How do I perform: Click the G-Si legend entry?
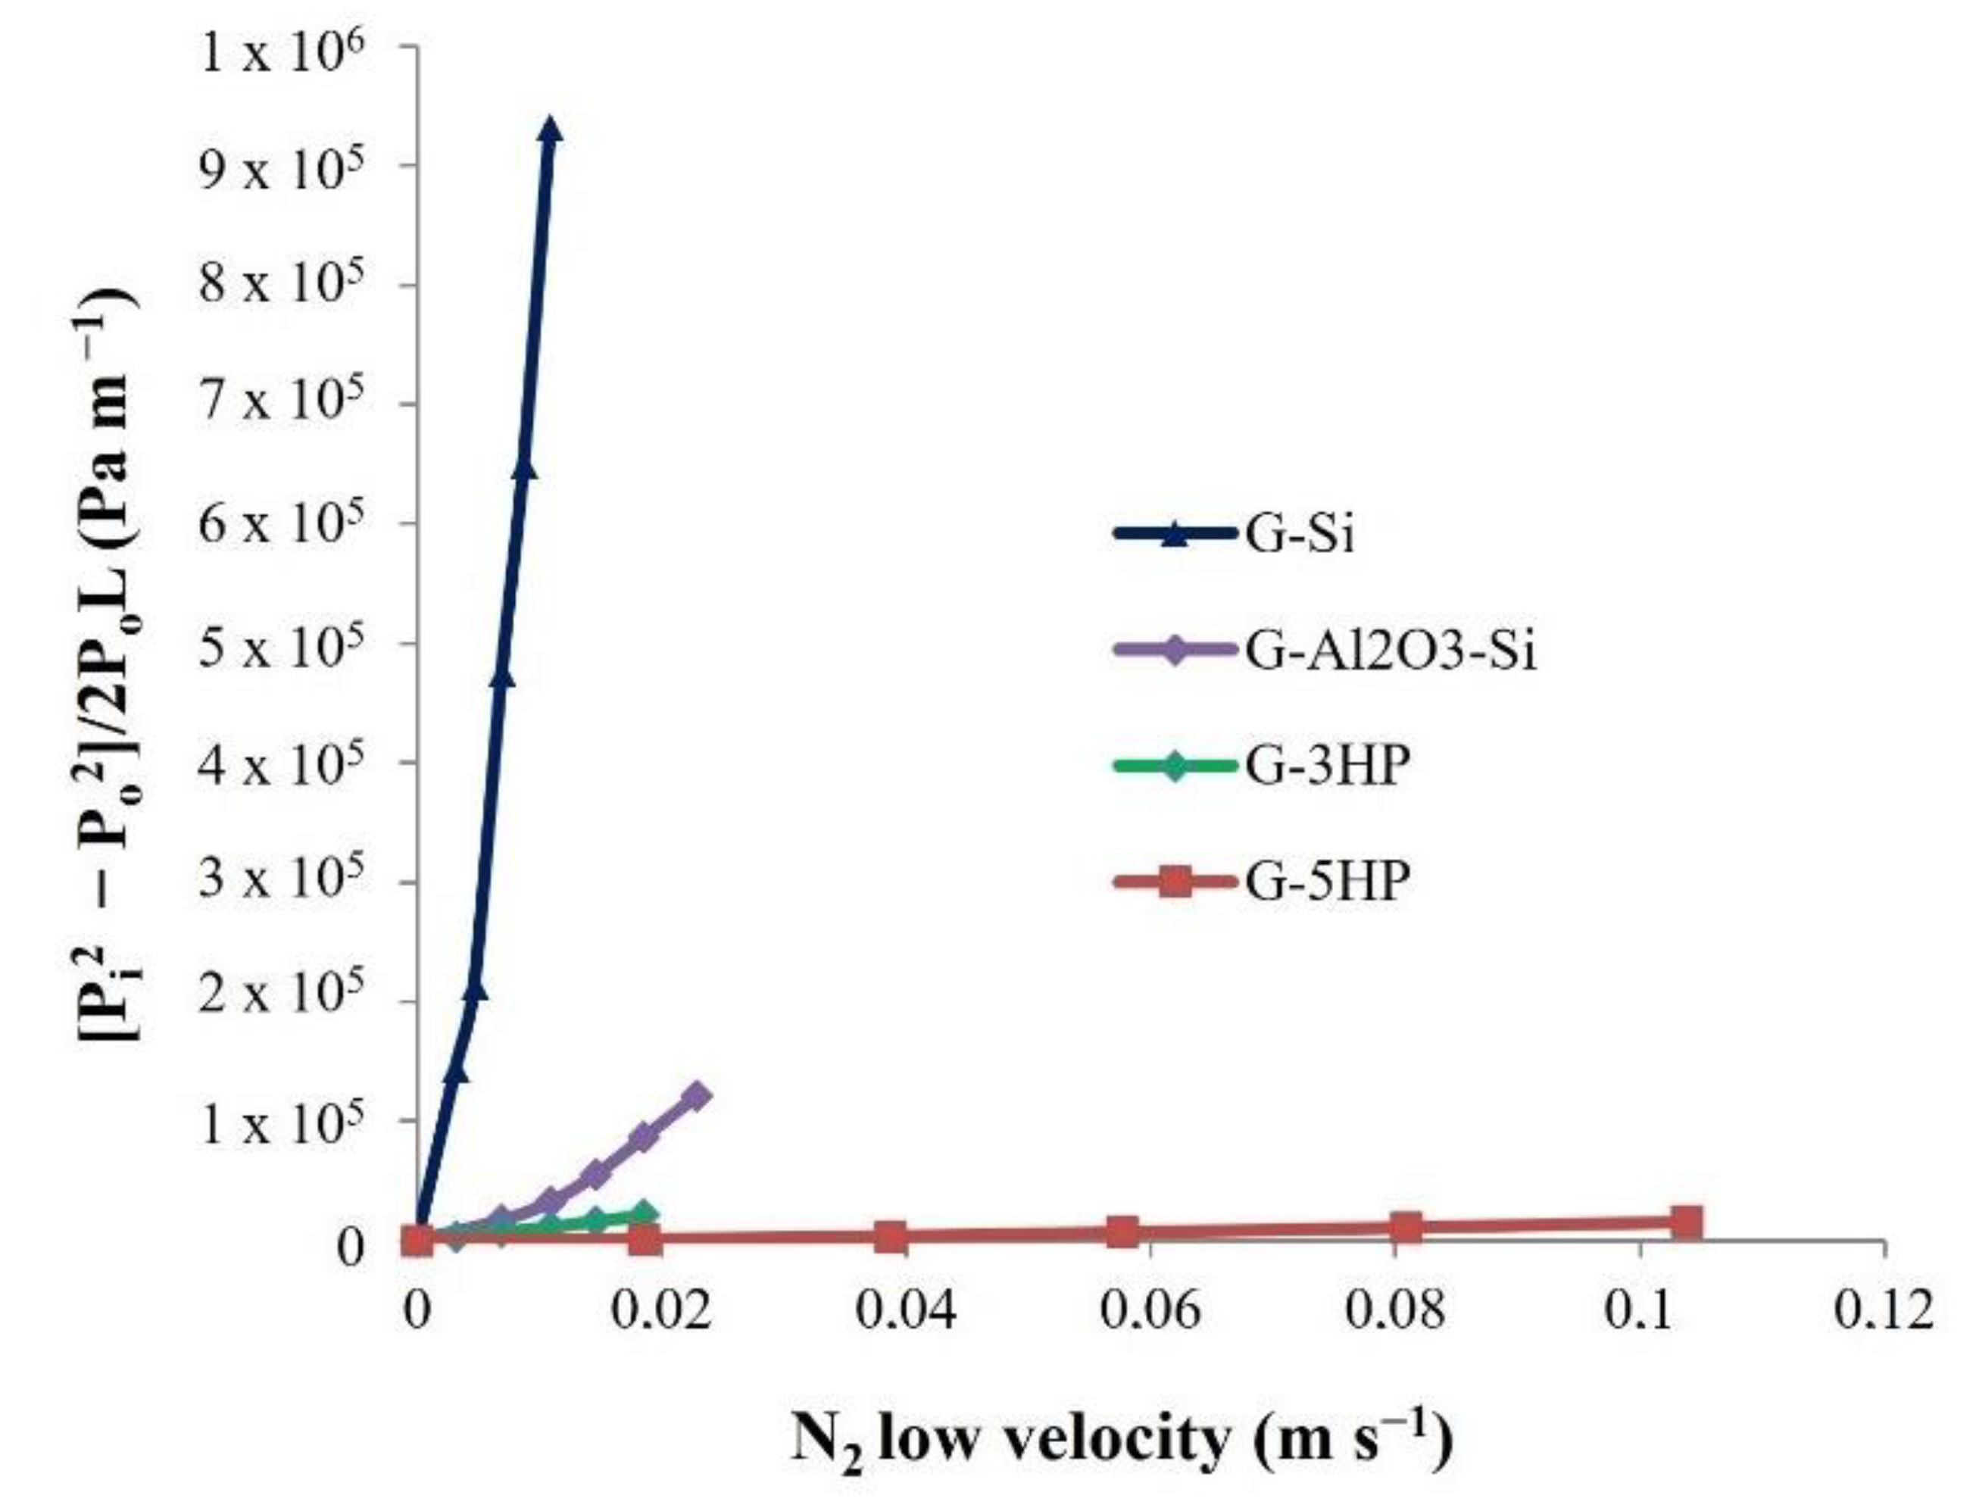click(1297, 534)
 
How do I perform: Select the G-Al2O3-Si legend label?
click(1389, 650)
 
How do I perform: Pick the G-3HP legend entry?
click(1322, 766)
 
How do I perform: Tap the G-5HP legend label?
click(1322, 882)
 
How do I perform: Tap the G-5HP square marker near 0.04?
click(889, 1236)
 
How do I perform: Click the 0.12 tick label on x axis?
click(1883, 1311)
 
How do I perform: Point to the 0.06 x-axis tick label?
click(1150, 1311)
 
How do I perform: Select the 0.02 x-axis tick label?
click(660, 1311)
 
